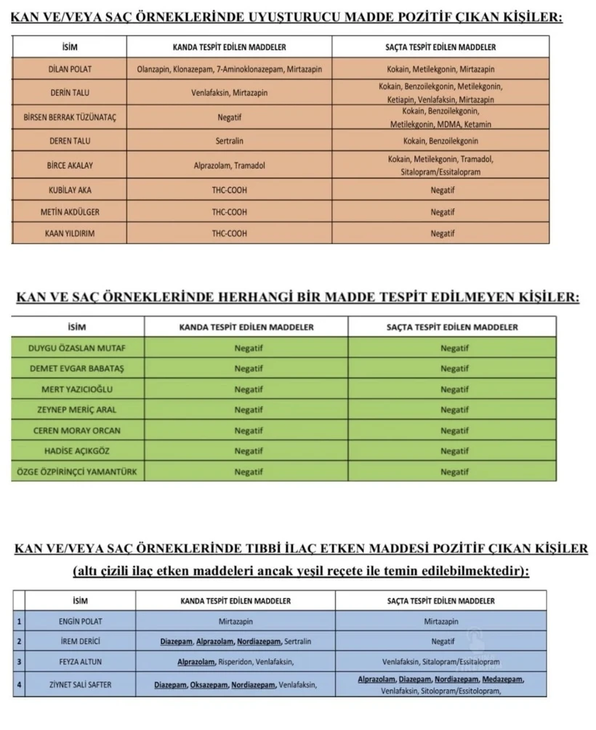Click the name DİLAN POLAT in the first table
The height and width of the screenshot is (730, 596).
70,70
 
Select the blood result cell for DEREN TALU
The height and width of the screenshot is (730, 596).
229,141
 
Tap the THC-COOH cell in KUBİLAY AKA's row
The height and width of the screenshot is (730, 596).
229,190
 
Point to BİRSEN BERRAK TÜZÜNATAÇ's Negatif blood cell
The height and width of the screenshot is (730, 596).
229,116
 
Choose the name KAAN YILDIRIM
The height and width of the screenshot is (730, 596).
70,233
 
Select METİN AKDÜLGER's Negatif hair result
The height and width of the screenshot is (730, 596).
442,212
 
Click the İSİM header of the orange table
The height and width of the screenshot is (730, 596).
70,47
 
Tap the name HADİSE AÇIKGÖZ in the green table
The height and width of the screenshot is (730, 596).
76,451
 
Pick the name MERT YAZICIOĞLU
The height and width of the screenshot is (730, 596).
76,389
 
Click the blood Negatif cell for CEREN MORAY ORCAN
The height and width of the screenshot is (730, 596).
249,431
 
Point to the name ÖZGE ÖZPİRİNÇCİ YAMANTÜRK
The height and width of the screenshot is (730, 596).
76,472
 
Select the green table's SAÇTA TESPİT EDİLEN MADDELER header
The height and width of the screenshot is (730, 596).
452,327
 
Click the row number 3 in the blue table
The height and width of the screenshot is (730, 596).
18,662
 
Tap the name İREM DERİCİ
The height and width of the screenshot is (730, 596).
80,641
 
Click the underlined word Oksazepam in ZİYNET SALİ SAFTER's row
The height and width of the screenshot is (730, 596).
209,684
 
